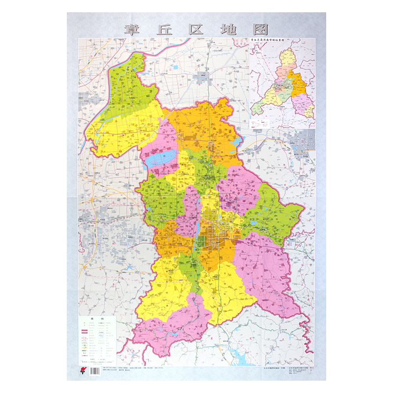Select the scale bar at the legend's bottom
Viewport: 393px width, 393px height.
(x=98, y=361)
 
